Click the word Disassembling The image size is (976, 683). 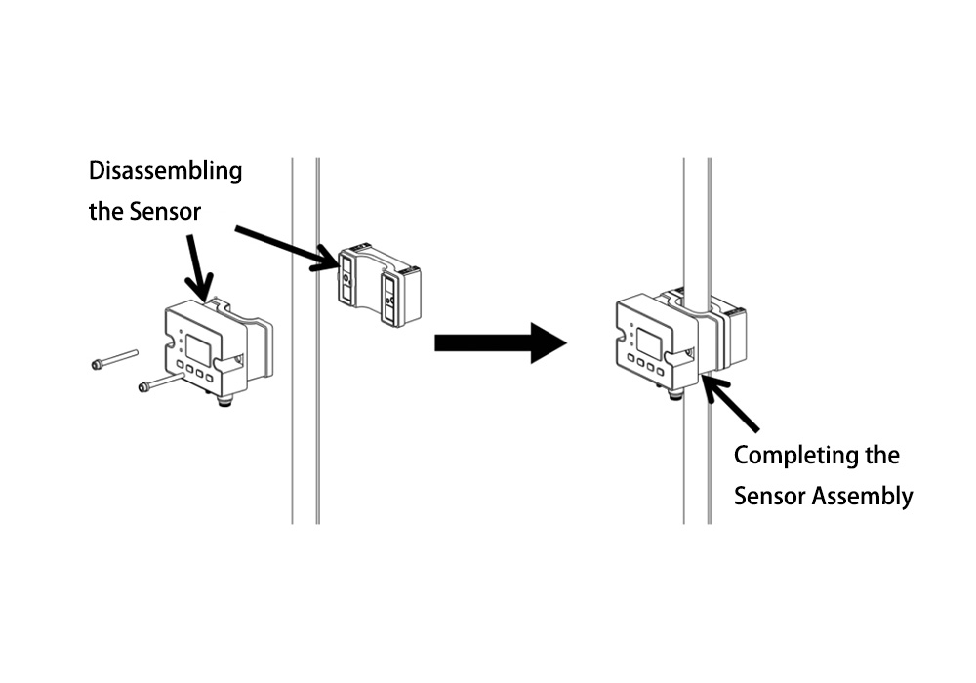pyautogui.click(x=165, y=172)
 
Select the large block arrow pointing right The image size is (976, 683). pyautogui.click(x=500, y=341)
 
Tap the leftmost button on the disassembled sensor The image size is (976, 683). pyautogui.click(x=184, y=371)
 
